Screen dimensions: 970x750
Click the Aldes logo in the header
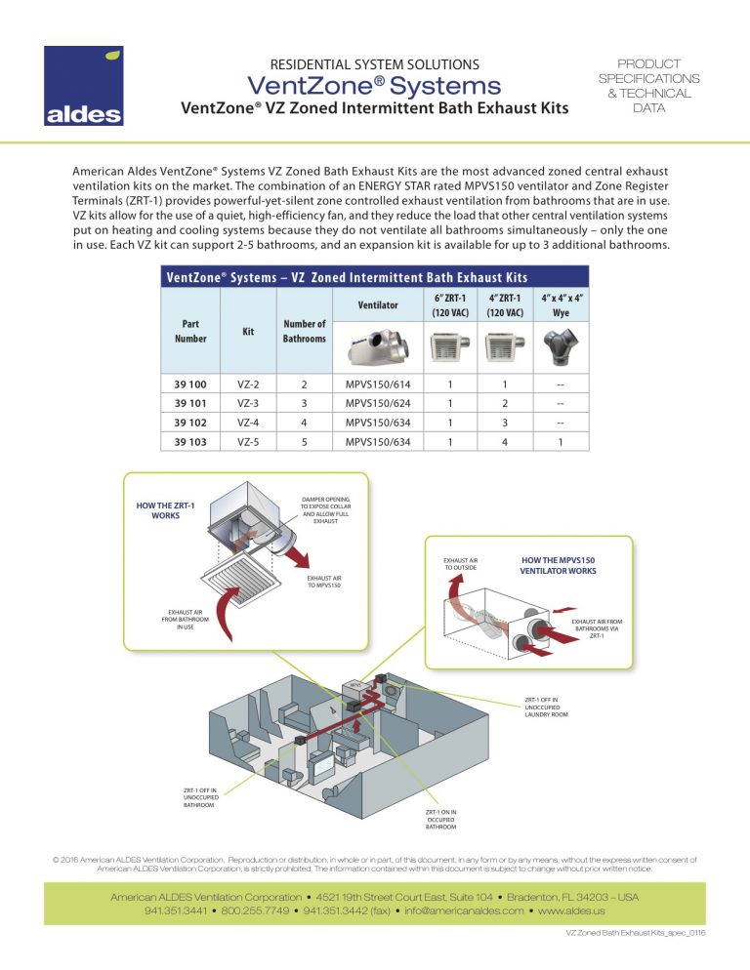(83, 87)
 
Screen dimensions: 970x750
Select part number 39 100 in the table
(190, 385)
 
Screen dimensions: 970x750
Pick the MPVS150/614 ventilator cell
(378, 385)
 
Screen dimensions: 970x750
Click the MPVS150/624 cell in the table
(378, 403)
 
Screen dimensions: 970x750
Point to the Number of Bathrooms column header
(304, 331)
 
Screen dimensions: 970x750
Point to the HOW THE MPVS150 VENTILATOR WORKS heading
(558, 565)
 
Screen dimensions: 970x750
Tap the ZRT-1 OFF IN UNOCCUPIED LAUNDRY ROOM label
(546, 707)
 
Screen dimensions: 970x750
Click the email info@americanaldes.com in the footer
(460, 910)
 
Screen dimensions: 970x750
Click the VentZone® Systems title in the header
(375, 86)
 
